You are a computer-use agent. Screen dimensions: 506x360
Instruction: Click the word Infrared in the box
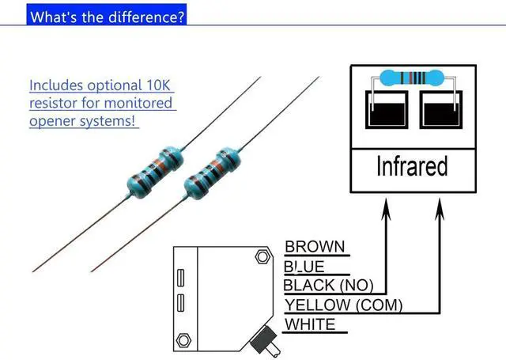click(412, 165)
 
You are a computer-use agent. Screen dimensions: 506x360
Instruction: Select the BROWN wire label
click(315, 247)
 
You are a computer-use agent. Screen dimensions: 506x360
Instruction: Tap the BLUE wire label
click(304, 267)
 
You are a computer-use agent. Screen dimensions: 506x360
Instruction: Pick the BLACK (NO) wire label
click(328, 286)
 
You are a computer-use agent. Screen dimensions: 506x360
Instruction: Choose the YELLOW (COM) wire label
click(343, 305)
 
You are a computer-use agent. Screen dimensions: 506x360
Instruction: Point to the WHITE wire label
click(310, 324)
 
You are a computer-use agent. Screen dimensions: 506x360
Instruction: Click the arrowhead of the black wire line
click(386, 209)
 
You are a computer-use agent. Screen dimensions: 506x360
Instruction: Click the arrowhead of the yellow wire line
click(440, 209)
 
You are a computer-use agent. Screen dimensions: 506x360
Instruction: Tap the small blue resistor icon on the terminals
click(411, 78)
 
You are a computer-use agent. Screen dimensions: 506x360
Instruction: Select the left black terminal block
click(387, 110)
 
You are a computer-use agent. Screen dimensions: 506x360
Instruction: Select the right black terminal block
click(441, 110)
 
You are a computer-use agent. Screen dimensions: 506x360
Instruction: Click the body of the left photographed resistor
click(155, 172)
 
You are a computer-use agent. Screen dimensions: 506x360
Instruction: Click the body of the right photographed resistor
click(213, 173)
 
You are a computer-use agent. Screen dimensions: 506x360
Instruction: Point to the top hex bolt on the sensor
click(262, 257)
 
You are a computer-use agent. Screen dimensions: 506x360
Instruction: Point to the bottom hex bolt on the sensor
click(183, 340)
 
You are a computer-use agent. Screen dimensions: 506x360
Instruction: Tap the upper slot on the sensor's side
click(181, 278)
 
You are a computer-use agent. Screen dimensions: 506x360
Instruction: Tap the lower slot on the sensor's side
click(181, 303)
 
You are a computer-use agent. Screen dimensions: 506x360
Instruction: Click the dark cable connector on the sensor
click(264, 341)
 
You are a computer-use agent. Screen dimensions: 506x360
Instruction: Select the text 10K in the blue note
click(158, 85)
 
